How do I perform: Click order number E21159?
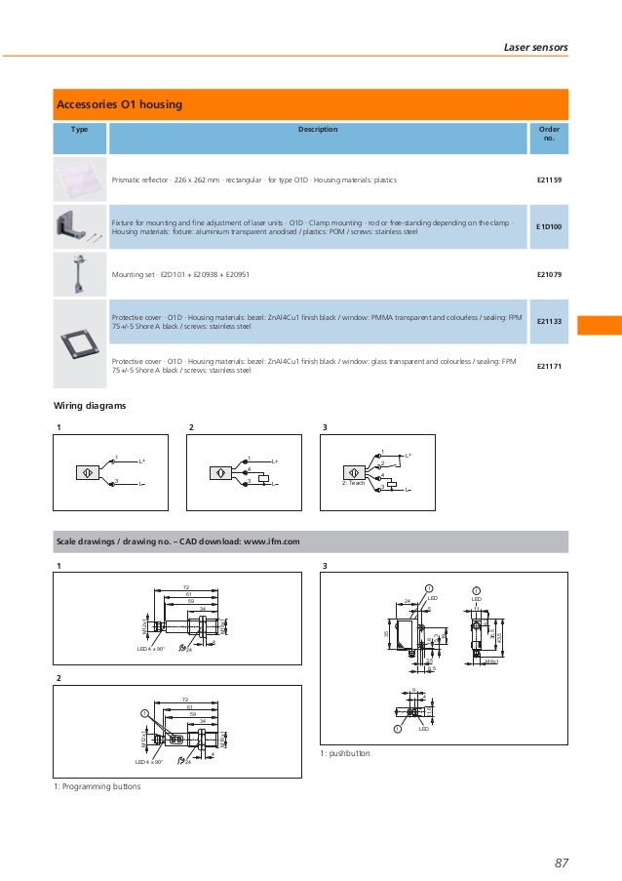coord(550,180)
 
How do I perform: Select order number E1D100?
coord(550,227)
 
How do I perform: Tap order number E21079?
coord(550,275)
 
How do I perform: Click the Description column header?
coord(318,129)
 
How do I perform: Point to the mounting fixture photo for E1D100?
coord(78,227)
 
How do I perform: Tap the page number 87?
coord(560,861)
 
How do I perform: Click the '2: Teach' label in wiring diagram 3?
coord(353,483)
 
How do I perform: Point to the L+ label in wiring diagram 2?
coord(275,461)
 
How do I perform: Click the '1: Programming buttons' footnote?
coord(97,786)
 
